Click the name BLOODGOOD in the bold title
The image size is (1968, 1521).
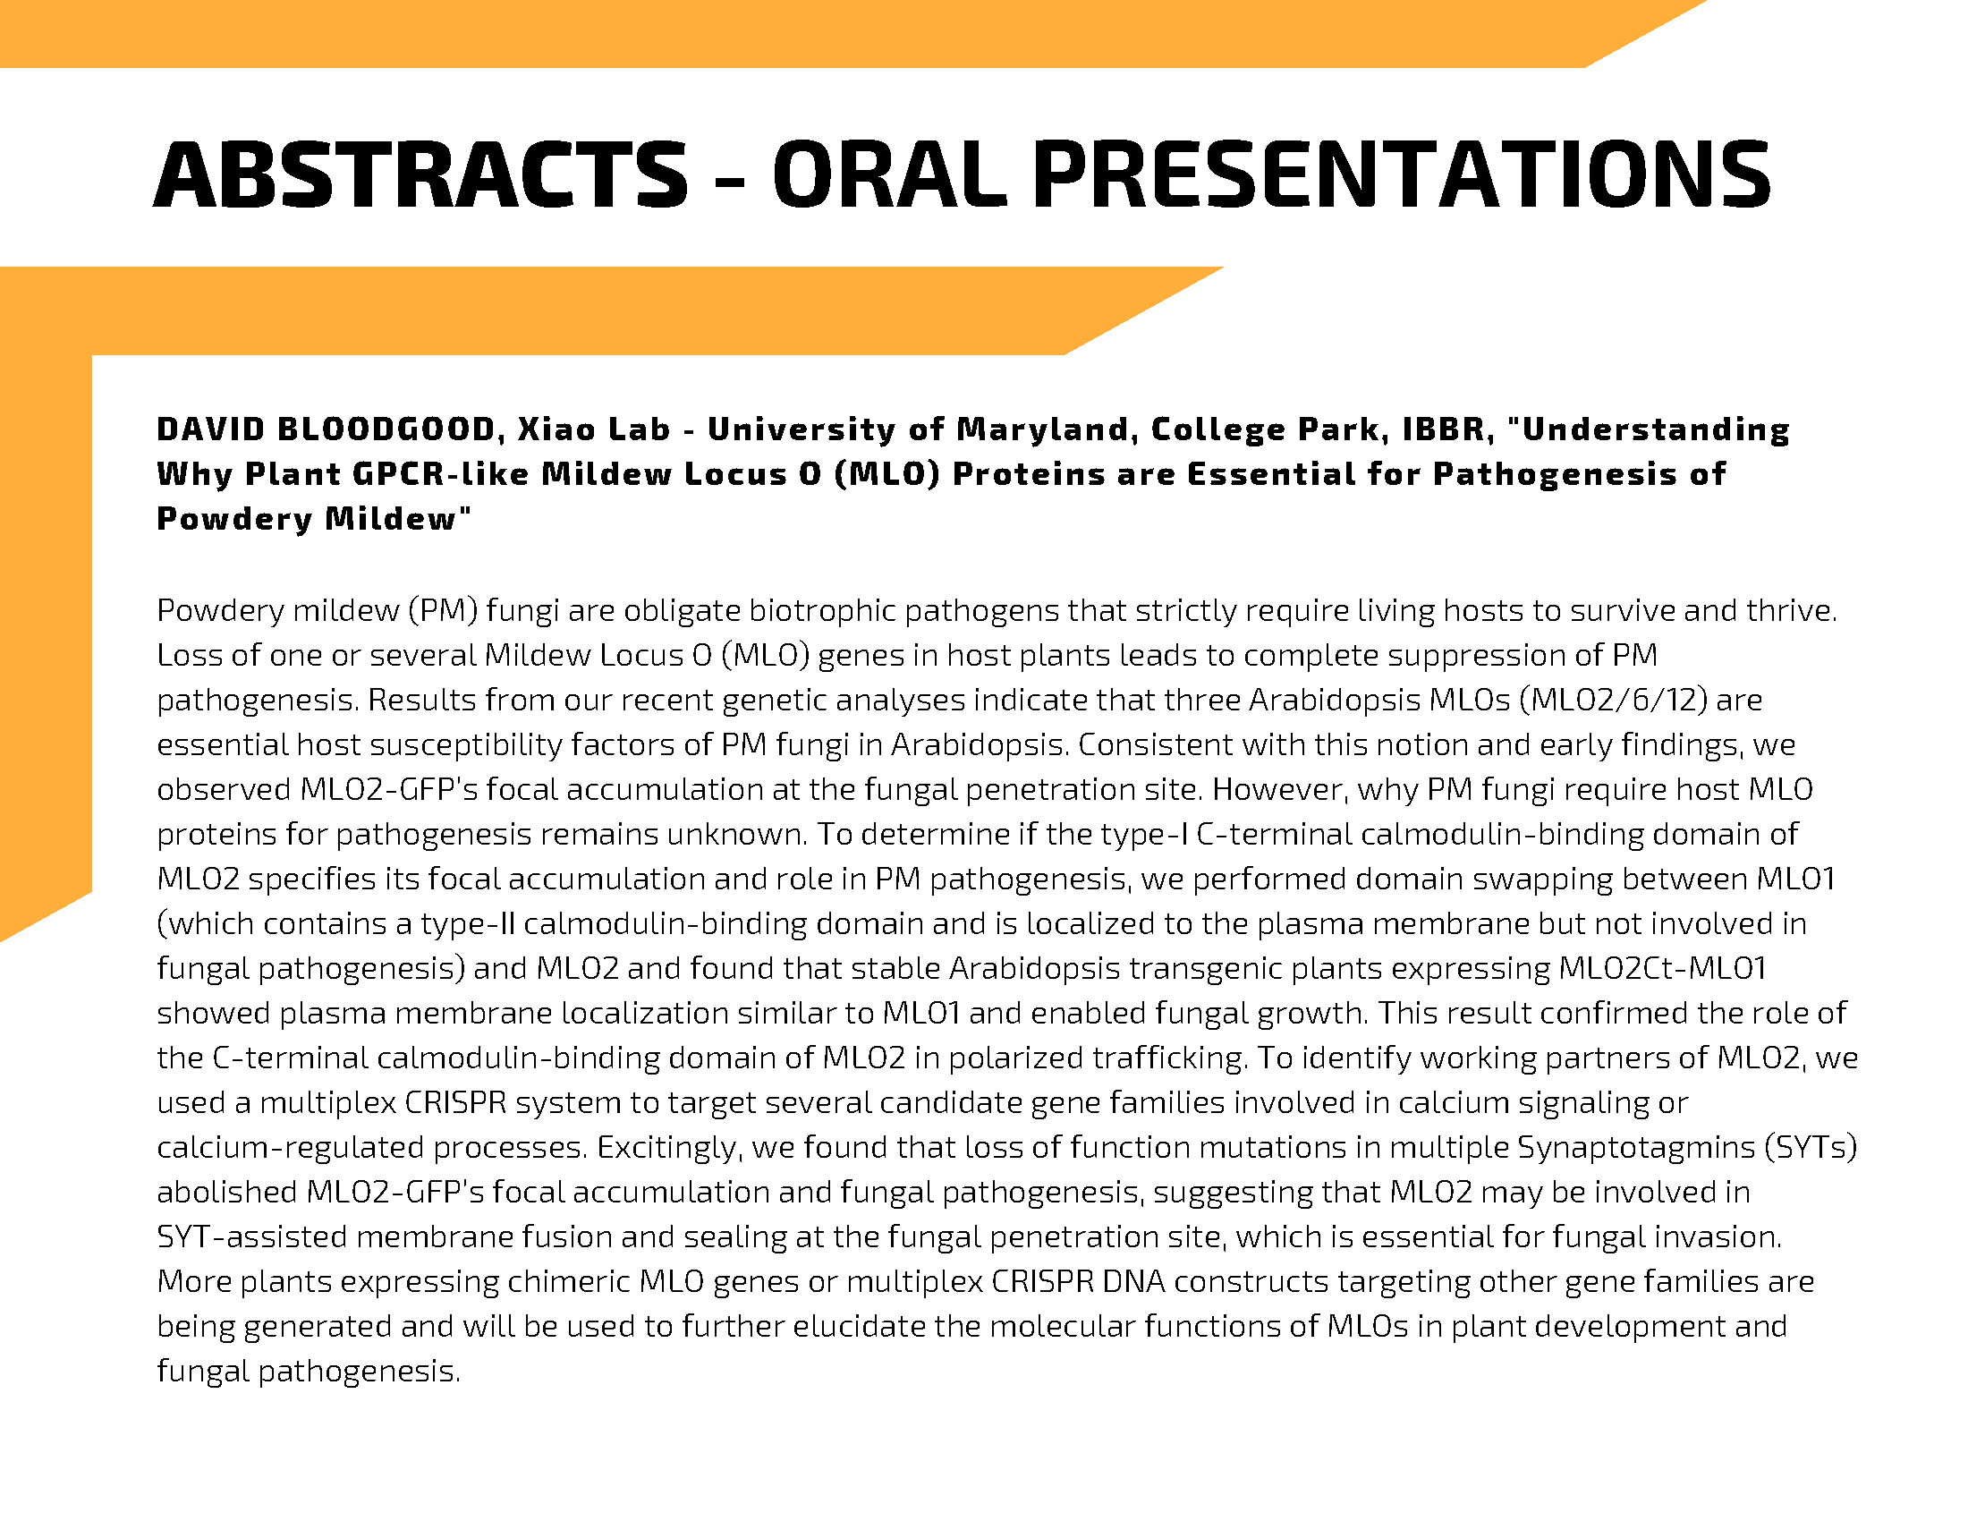pyautogui.click(x=386, y=429)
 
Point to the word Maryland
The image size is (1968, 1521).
pyautogui.click(x=1040, y=429)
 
